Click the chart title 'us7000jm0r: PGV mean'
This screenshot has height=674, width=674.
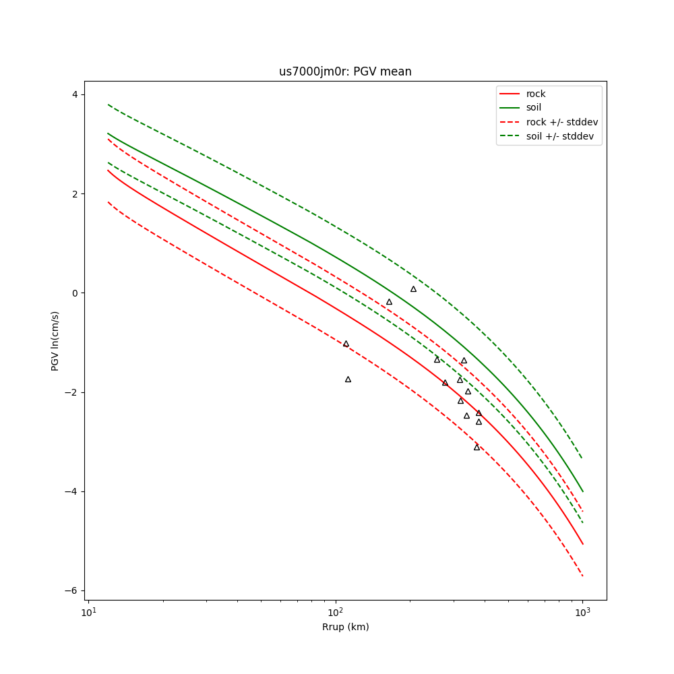(x=345, y=71)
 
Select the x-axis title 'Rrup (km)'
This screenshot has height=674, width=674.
(x=345, y=627)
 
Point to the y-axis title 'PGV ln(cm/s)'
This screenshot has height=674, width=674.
(x=55, y=340)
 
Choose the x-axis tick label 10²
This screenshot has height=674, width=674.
(x=335, y=611)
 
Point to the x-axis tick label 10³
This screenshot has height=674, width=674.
(x=582, y=611)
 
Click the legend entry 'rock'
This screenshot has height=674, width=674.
(x=536, y=94)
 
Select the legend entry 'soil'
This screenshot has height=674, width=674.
(x=534, y=108)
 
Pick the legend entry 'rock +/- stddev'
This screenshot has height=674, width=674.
(x=562, y=122)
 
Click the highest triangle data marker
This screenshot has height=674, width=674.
(x=413, y=289)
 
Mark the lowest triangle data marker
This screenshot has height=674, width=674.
(x=477, y=447)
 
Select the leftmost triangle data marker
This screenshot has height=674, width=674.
(x=346, y=344)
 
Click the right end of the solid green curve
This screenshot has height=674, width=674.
(x=582, y=491)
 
